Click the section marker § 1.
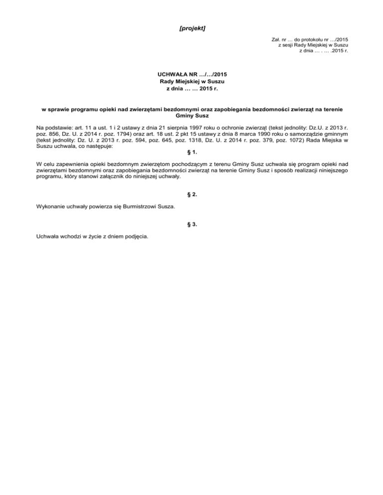(x=191, y=152)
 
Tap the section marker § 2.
(x=191, y=195)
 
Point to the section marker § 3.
(x=191, y=225)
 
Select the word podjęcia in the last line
(x=137, y=237)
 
